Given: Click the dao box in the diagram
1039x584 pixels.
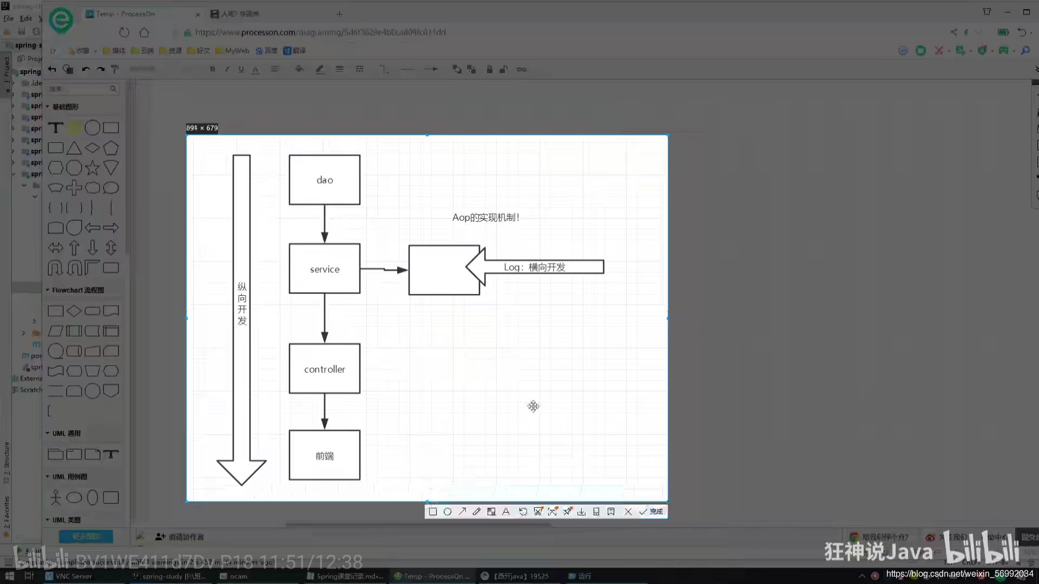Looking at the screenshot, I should (x=324, y=180).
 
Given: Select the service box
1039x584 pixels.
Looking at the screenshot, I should (x=324, y=269).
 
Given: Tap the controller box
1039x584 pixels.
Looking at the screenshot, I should (x=324, y=369).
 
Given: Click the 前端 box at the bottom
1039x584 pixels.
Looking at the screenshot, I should (x=324, y=455).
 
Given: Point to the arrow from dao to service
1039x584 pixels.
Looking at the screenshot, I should (x=324, y=224).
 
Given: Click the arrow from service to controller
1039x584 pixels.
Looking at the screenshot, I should (x=324, y=318).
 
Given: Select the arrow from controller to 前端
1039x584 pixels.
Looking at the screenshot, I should (x=324, y=412).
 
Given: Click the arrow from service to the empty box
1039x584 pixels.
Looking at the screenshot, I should (x=384, y=269).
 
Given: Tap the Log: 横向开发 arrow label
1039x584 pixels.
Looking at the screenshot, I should (x=535, y=267).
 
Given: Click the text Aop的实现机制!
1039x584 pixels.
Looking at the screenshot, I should (x=485, y=217).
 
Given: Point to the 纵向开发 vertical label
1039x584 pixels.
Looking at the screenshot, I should (x=242, y=303).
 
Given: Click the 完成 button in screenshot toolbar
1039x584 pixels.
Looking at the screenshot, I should (x=652, y=512).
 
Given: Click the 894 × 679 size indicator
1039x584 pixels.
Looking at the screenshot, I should (x=202, y=128).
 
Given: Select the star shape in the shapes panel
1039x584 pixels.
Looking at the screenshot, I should (x=93, y=168).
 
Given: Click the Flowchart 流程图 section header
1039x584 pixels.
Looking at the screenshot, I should (x=78, y=290).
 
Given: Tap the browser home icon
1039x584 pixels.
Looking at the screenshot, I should (x=144, y=32).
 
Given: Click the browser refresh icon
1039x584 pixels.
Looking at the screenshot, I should (x=124, y=32).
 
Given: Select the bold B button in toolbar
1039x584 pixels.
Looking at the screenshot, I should (x=213, y=69).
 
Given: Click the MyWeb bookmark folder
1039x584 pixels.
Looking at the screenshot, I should (x=233, y=51).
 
